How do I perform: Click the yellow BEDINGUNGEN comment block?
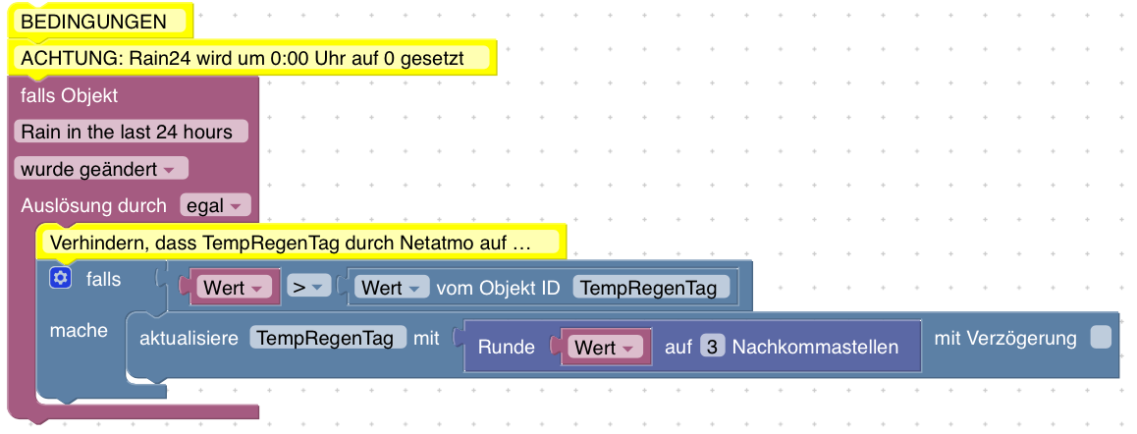tap(94, 22)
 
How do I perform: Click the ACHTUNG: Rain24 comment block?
tap(253, 58)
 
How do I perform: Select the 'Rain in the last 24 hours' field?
tap(132, 132)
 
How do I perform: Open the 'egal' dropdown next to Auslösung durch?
tap(216, 206)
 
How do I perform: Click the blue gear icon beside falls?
tap(61, 279)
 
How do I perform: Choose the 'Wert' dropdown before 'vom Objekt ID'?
tap(391, 288)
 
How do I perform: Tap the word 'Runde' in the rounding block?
tap(506, 348)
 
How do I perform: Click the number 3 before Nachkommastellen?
tap(712, 347)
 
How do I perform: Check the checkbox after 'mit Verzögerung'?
tap(1101, 338)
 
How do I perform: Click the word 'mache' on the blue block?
tap(79, 331)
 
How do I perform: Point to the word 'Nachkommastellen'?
tap(815, 348)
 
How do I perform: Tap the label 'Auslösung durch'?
tap(93, 206)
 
